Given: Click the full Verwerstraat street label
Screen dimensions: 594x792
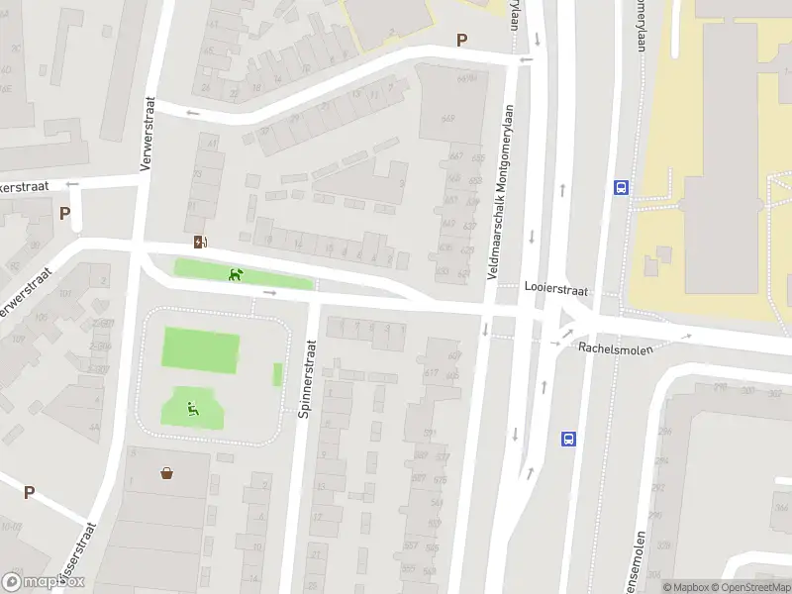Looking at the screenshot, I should point(148,134).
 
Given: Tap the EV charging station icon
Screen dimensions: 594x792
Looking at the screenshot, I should point(201,243).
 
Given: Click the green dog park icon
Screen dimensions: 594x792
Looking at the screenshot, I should point(236,274).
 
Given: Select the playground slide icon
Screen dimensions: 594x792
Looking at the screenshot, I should point(192,406).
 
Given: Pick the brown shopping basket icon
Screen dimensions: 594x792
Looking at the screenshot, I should point(167,473).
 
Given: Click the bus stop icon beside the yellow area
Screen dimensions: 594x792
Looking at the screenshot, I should point(621,186).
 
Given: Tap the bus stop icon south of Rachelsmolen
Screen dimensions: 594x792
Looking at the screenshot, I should point(569,438).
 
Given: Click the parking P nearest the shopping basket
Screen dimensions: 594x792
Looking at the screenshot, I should point(29,492).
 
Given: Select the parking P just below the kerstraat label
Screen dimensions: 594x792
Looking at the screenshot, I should point(65,213).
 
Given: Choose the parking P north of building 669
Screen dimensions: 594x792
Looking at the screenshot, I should point(460,40).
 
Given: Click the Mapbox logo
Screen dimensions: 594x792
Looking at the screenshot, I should point(44,582).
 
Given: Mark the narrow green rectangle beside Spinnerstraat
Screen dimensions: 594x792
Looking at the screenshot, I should point(277,374).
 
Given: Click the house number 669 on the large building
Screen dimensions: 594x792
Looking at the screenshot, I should point(447,119).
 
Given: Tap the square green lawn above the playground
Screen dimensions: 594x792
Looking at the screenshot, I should point(200,350).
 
